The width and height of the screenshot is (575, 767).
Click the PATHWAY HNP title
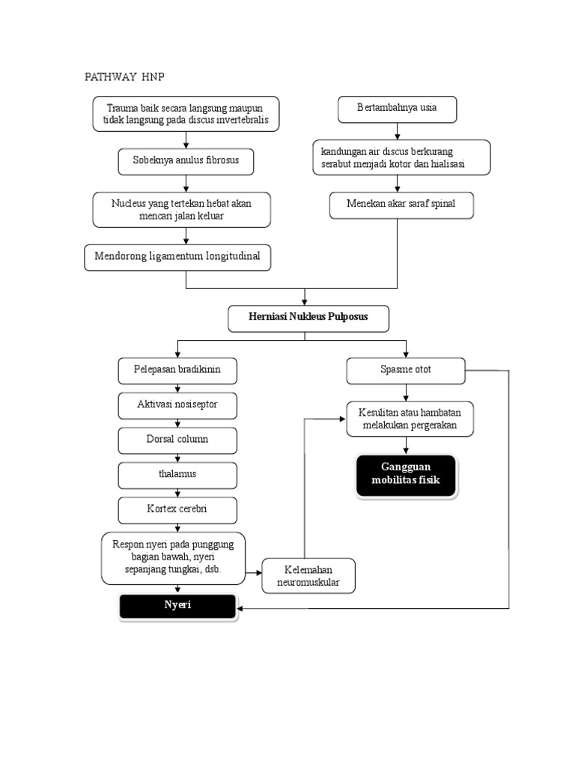[x=123, y=78]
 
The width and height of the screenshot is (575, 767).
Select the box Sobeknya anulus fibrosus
[x=186, y=161]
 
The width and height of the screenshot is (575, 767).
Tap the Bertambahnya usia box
[x=397, y=108]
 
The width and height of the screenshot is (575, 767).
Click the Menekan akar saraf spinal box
[x=401, y=204]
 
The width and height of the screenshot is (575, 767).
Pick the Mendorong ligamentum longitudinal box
[x=177, y=257]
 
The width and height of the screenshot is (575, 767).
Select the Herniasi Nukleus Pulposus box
[x=308, y=318]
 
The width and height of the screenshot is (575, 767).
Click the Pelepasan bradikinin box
[x=177, y=370]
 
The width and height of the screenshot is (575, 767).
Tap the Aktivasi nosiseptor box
[x=177, y=404]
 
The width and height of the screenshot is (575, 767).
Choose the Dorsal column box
[x=177, y=440]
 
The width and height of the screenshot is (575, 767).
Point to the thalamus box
[x=177, y=474]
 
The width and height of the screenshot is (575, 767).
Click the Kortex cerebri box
[x=177, y=509]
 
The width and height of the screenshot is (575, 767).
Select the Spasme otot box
[x=406, y=370]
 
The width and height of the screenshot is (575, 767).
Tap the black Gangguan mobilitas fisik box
[x=406, y=476]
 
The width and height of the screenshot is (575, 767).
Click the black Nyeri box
[x=177, y=606]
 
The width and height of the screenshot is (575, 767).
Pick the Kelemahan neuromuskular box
[x=308, y=575]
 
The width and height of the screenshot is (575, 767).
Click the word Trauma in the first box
[x=123, y=107]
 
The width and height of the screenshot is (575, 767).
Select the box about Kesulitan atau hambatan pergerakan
[x=406, y=419]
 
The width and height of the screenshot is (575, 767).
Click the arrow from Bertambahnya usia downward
[x=397, y=131]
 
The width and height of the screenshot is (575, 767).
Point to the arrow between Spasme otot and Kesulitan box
[x=406, y=392]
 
